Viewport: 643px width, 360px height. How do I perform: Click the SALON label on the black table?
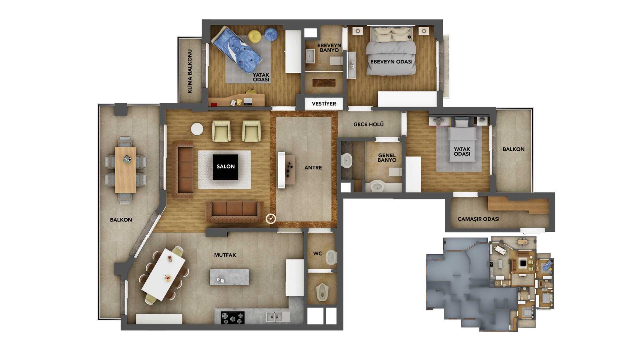(225, 166)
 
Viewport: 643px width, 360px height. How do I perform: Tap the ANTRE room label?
(313, 168)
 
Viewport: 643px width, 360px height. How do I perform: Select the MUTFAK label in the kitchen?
(225, 255)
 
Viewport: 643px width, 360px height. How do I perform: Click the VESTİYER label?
(324, 104)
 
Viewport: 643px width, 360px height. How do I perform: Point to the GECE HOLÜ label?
(368, 125)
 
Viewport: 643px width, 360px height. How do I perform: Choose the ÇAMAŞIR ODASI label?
(479, 219)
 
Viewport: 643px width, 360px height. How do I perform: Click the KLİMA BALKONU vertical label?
(190, 71)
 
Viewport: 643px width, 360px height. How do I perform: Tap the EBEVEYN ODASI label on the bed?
(391, 62)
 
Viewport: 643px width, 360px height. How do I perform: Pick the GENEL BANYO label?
(387, 158)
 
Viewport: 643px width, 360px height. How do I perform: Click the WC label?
(317, 254)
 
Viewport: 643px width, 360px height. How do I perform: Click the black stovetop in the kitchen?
(232, 317)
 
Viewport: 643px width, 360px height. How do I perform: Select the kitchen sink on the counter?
(274, 316)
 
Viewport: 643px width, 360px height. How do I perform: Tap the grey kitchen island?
(229, 277)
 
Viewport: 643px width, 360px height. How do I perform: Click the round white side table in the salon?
(197, 129)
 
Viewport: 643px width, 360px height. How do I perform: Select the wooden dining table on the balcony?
(126, 170)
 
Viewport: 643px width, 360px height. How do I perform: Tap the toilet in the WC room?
(332, 258)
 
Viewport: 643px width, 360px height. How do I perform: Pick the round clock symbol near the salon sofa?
(271, 219)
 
